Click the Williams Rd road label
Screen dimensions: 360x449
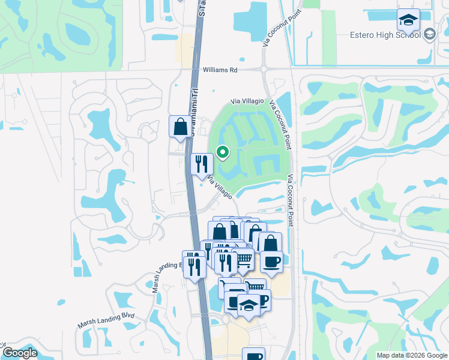click(220, 70)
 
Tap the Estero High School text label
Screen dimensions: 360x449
click(385, 35)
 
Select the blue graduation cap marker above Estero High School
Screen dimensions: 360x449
click(408, 22)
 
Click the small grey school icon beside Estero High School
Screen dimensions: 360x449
click(429, 34)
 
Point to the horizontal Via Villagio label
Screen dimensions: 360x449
click(248, 103)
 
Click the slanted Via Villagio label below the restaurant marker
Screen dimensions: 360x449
click(220, 187)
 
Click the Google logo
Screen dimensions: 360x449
click(20, 353)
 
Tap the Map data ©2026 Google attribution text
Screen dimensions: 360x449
click(411, 355)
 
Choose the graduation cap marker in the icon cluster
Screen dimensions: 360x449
click(249, 305)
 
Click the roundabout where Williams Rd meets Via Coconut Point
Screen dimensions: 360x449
click(265, 70)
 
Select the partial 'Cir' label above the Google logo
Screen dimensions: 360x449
click(3, 345)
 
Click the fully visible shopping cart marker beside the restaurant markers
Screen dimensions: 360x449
click(243, 259)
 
